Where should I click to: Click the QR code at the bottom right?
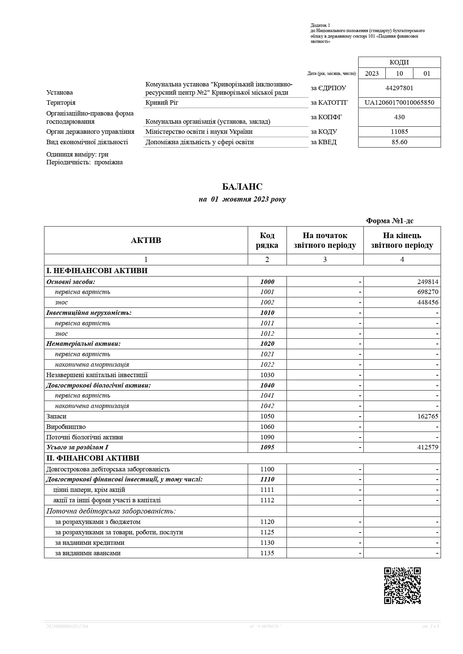[x=402, y=585]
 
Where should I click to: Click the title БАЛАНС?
[x=242, y=187]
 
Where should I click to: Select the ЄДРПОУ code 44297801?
[x=399, y=88]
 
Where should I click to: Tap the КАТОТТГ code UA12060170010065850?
[x=399, y=102]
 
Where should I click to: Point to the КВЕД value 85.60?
[x=399, y=142]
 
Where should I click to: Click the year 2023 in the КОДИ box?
[x=372, y=73]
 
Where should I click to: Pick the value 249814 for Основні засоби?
[x=428, y=282]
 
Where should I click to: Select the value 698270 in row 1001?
[x=428, y=292]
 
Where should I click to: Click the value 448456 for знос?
[x=428, y=302]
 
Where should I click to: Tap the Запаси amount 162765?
[x=428, y=416]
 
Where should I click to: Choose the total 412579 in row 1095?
[x=428, y=447]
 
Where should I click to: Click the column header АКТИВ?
[x=146, y=240]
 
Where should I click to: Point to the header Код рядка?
[x=267, y=240]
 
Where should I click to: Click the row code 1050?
[x=267, y=416]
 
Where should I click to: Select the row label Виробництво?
[x=66, y=427]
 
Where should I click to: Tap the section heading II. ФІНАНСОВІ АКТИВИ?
[x=93, y=458]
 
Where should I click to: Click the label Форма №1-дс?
[x=390, y=221]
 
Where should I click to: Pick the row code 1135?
[x=267, y=553]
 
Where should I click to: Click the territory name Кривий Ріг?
[x=162, y=102]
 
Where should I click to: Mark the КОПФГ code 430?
[x=399, y=117]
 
